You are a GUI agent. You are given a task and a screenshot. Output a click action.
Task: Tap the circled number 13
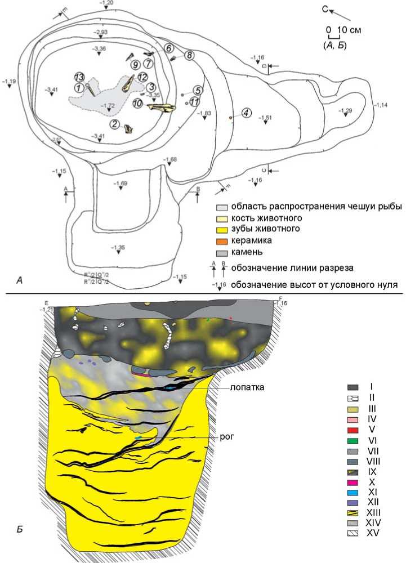[x=79, y=77]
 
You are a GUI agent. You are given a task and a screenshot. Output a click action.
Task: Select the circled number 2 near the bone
[x=114, y=124]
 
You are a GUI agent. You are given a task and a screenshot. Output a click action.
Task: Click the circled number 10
[x=137, y=104]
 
